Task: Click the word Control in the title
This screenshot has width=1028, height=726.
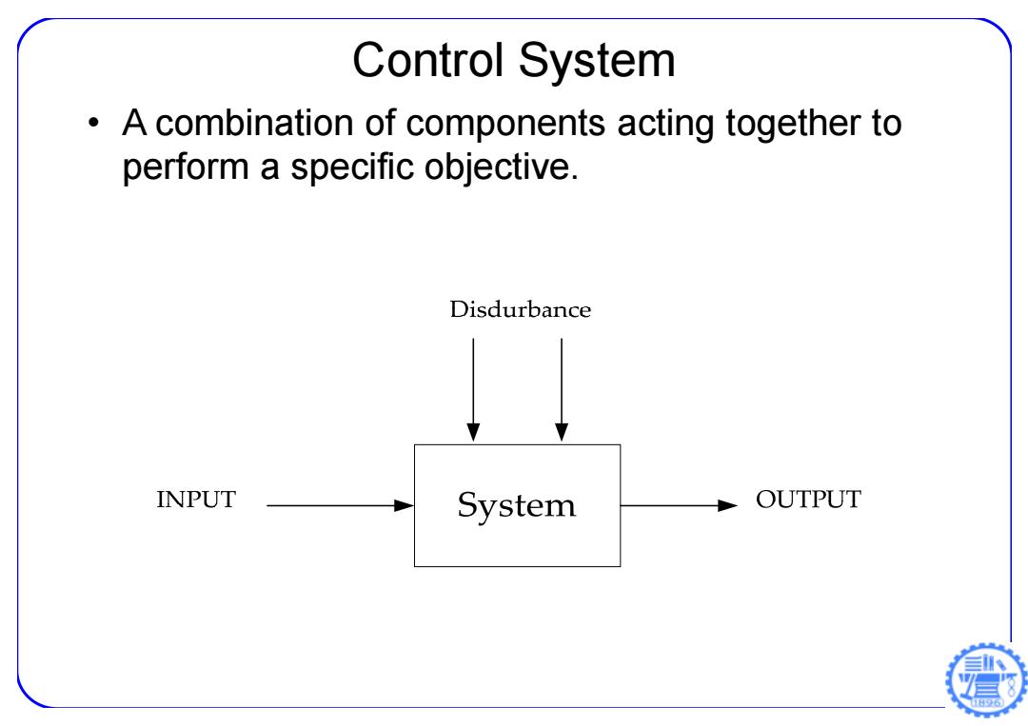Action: coord(428,60)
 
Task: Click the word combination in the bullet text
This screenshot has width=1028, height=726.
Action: coord(256,123)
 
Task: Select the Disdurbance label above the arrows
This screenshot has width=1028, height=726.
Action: coord(520,309)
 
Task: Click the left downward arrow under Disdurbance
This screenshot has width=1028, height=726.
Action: coord(473,389)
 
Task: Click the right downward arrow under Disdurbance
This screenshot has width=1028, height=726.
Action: coord(562,389)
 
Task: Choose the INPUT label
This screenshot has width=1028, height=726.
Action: coord(195,500)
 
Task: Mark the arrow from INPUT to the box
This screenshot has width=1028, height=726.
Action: coord(340,505)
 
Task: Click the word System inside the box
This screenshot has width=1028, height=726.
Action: coord(517,506)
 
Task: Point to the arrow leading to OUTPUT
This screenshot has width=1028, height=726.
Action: coord(680,505)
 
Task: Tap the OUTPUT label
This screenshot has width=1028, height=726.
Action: coord(808,500)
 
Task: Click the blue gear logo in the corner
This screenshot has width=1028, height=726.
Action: coord(986,680)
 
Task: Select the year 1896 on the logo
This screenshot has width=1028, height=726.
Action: coord(987,702)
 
